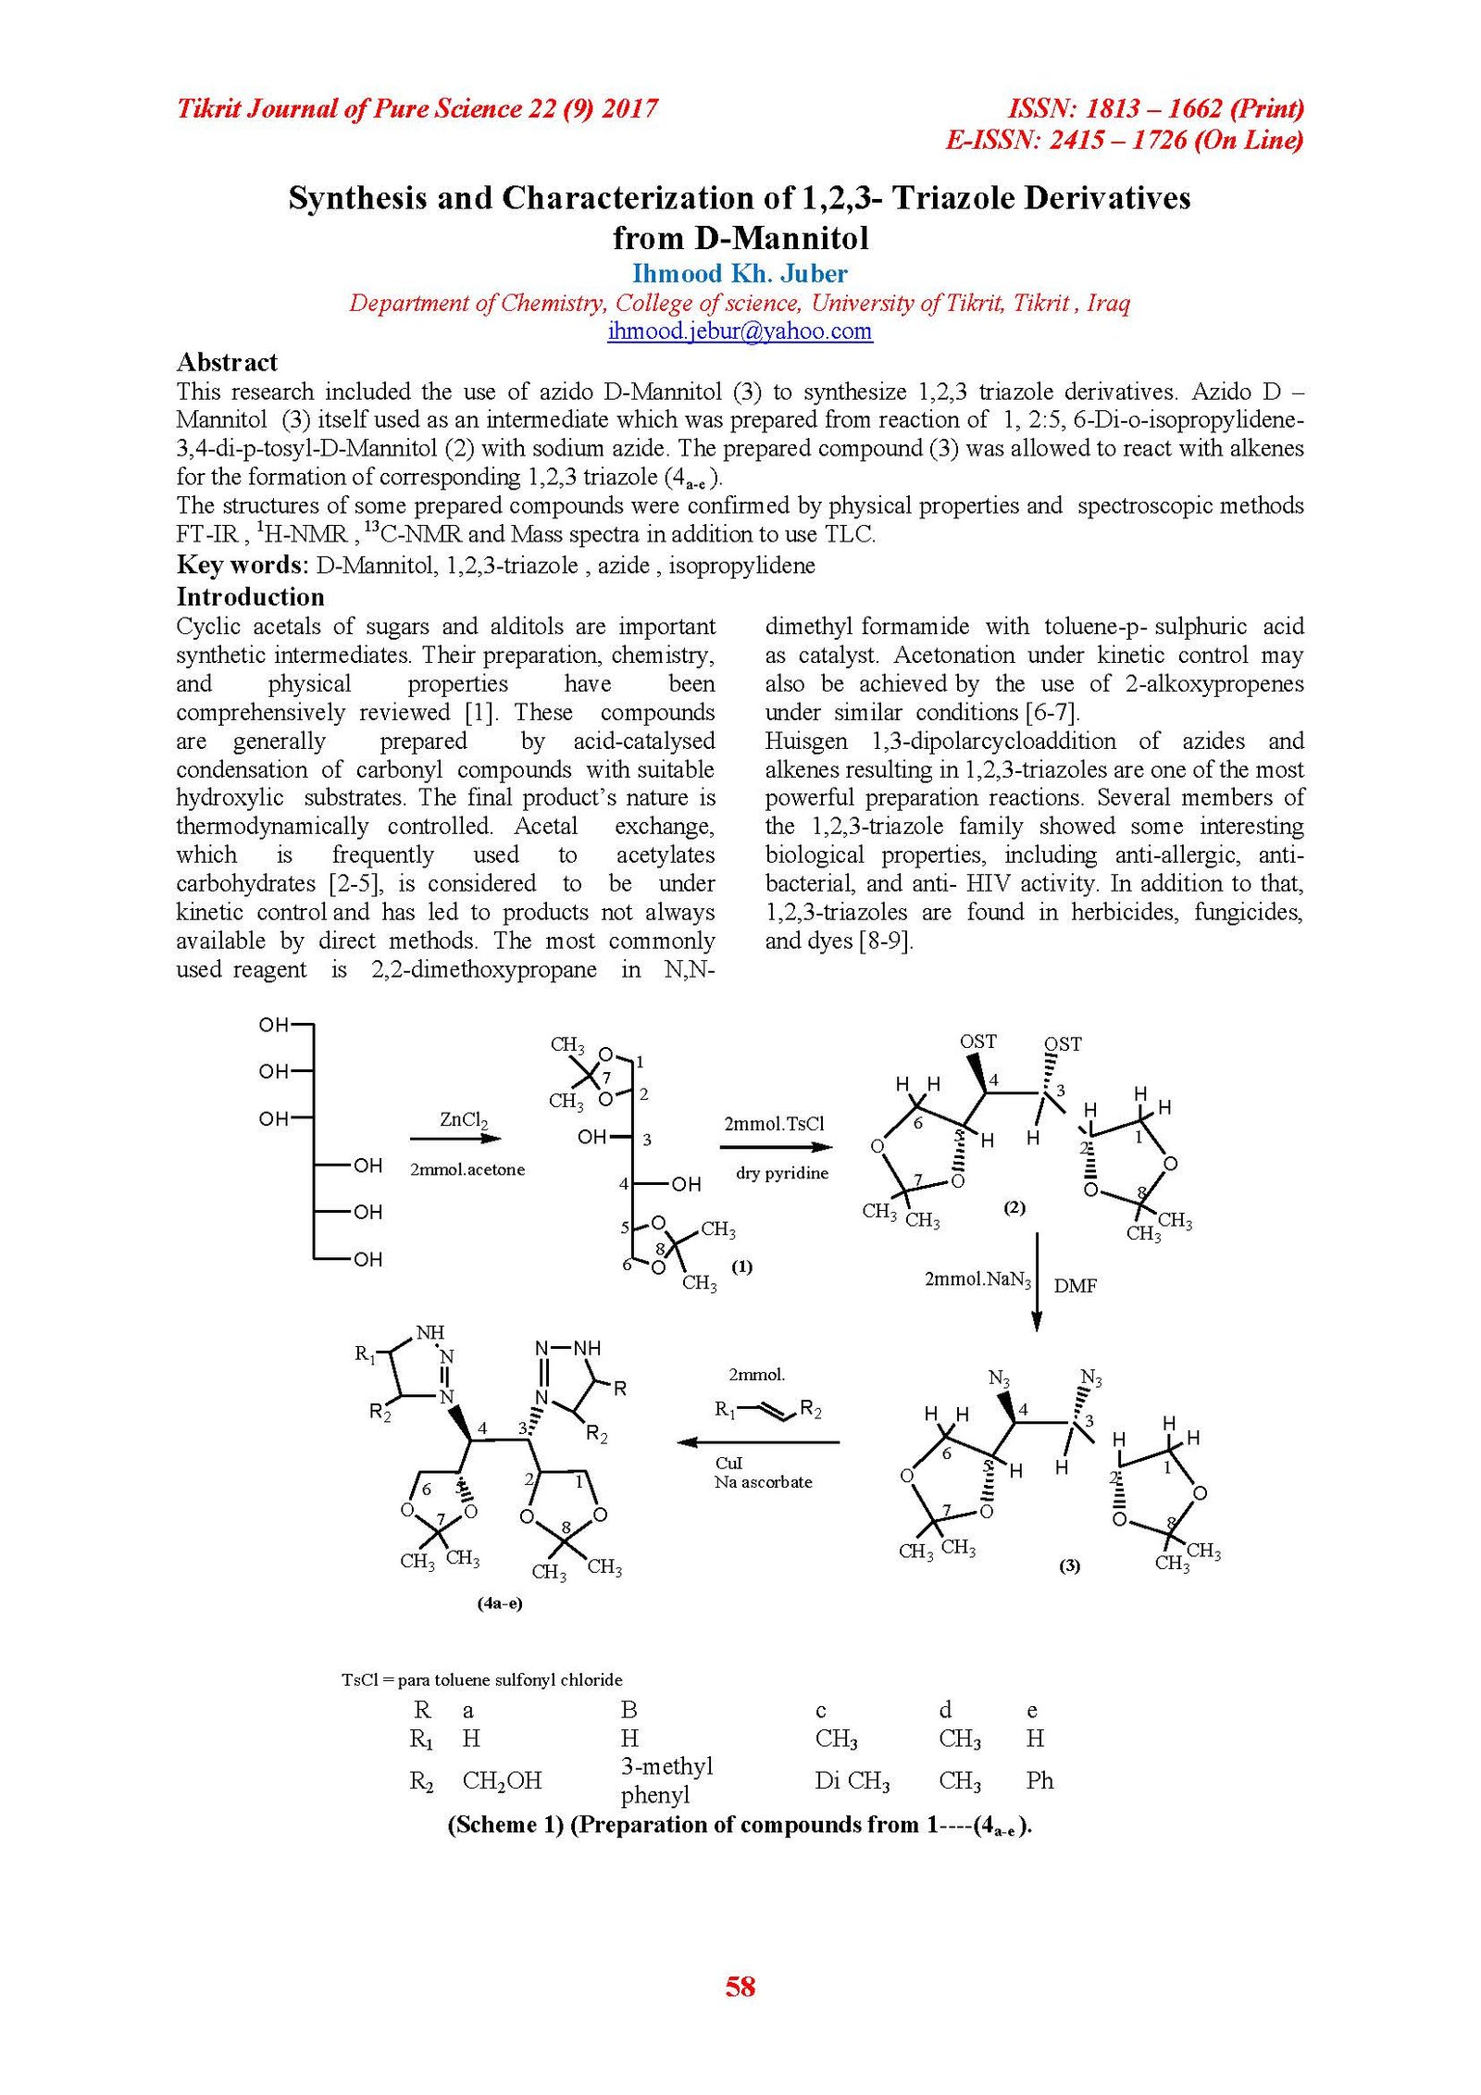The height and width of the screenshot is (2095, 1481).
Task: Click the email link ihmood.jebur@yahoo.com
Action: pos(740,331)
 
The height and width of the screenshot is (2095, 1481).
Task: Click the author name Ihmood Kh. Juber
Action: pos(740,274)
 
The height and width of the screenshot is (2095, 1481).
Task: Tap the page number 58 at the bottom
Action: pos(740,1987)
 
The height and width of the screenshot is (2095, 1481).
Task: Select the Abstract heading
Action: pos(227,362)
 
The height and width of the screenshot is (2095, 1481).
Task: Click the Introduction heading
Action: pos(250,596)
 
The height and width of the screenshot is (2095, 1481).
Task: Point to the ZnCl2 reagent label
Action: pos(464,1119)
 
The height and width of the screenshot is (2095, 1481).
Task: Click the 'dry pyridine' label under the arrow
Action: pos(782,1174)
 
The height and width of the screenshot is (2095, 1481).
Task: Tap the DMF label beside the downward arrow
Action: pos(1075,1286)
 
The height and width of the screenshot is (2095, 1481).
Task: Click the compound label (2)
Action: pos(1014,1207)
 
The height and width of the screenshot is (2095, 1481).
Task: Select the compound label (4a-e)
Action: pos(500,1603)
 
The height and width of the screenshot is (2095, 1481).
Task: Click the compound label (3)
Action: pos(1069,1565)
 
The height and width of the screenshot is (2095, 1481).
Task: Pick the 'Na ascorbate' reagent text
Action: pos(763,1482)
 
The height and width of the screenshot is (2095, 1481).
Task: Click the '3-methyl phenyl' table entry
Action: pos(666,1780)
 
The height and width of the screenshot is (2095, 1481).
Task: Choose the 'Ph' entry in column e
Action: pos(1039,1780)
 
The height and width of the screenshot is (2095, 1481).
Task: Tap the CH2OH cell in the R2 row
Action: pos(502,1780)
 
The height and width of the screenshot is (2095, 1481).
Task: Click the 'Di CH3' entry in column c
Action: pos(852,1780)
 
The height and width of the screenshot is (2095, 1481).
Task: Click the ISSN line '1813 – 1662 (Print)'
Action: pos(1155,109)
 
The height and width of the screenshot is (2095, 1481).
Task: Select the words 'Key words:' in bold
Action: pos(243,566)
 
